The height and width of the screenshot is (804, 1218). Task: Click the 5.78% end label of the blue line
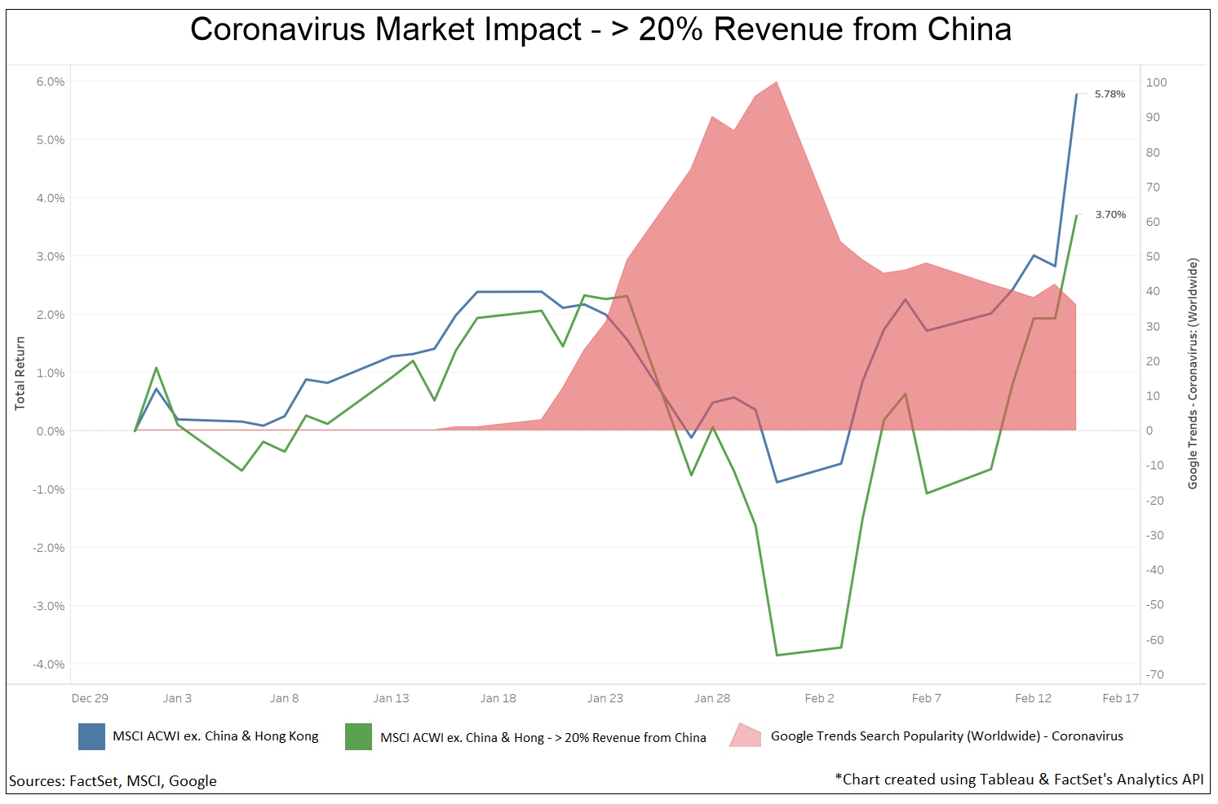point(1109,95)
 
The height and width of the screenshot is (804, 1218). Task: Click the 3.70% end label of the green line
point(1110,215)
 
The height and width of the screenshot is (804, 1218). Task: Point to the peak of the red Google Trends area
point(777,82)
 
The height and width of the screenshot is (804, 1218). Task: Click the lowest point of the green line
point(777,655)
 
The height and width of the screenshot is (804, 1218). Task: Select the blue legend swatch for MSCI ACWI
point(91,736)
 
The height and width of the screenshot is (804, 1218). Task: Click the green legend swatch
point(358,736)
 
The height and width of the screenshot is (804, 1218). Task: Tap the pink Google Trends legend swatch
point(745,736)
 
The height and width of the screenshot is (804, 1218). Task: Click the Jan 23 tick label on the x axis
point(605,699)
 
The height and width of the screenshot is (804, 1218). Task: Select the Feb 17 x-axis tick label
point(1120,699)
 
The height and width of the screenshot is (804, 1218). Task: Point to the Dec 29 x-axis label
point(90,699)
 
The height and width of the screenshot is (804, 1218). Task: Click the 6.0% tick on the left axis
point(51,82)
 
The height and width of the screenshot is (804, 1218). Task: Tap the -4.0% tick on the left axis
point(49,665)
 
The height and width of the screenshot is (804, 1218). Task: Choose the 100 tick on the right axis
point(1156,82)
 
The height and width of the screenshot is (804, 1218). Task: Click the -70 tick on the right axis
point(1154,675)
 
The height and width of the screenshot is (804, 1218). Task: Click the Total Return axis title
point(20,373)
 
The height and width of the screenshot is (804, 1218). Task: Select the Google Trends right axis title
point(1193,373)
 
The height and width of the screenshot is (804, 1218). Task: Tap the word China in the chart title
point(969,30)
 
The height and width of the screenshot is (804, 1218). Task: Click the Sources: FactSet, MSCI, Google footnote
point(113,781)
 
